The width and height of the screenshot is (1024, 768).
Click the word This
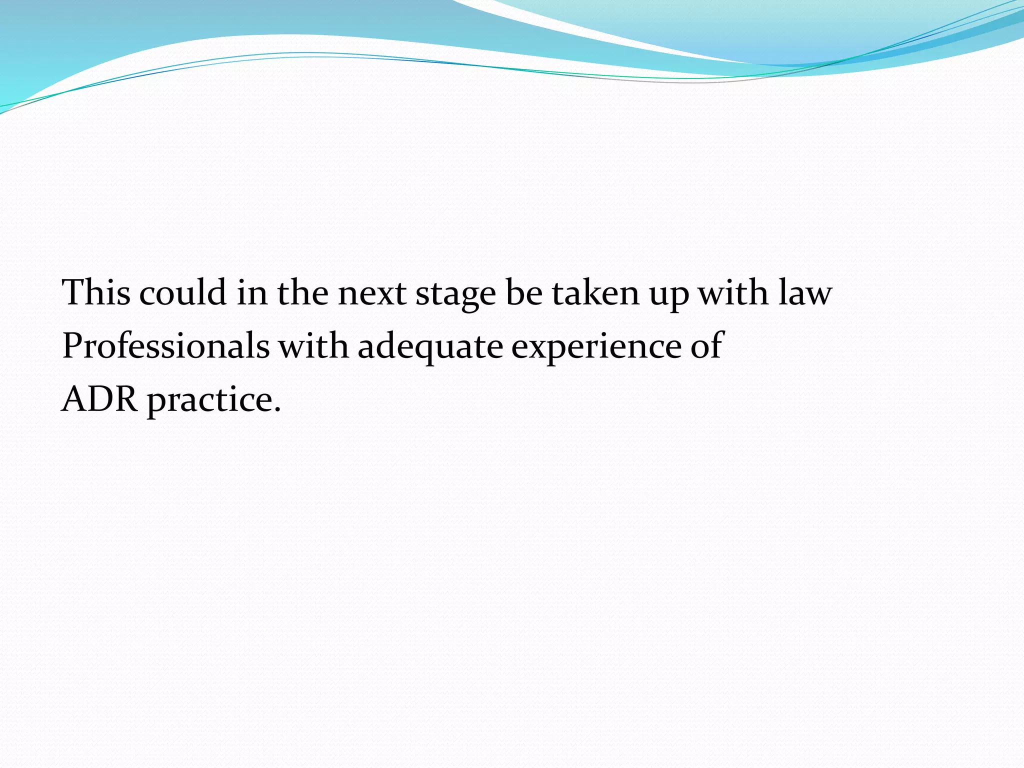tap(96, 292)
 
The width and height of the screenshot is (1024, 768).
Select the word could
tap(182, 292)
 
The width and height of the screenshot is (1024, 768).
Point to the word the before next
tap(302, 292)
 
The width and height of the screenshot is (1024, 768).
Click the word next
tap(371, 293)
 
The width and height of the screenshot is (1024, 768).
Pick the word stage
tap(455, 295)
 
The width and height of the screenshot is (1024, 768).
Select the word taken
tap(595, 292)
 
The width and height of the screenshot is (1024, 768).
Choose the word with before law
tap(733, 292)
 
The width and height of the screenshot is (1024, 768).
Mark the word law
tap(805, 292)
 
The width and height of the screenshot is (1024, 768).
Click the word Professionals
tap(165, 345)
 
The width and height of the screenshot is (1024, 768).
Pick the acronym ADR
tap(99, 399)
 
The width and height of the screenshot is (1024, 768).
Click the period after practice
tap(277, 409)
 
